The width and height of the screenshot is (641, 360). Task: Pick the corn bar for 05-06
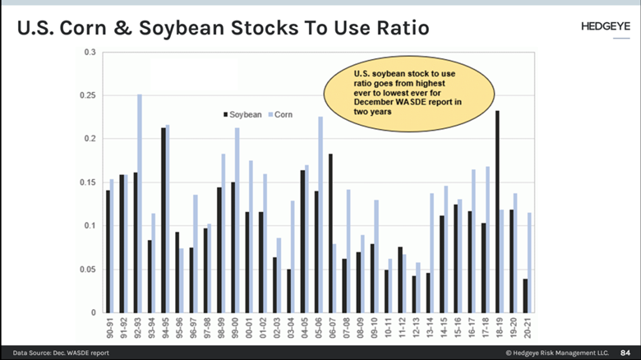[320, 215]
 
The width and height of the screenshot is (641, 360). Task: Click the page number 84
[624, 352]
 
